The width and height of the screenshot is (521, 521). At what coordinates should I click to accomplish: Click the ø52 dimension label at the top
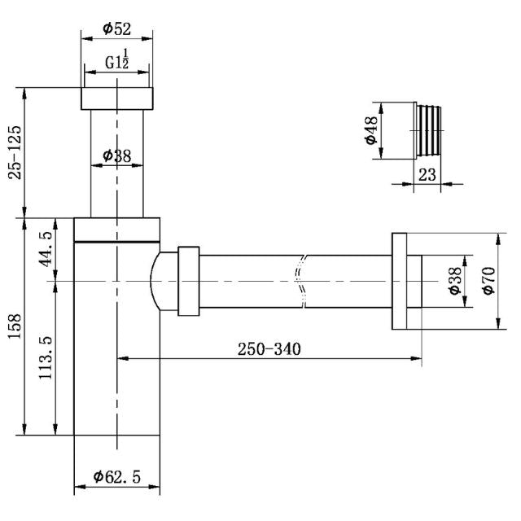click(x=118, y=28)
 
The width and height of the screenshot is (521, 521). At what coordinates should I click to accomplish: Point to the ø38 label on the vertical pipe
click(x=118, y=155)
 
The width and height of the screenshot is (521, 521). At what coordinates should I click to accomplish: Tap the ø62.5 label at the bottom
click(x=117, y=477)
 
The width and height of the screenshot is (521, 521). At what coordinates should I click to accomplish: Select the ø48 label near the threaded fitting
click(x=370, y=130)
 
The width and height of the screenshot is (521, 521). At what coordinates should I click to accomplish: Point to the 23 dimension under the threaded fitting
click(x=427, y=174)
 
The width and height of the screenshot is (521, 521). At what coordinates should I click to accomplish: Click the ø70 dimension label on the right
click(x=488, y=281)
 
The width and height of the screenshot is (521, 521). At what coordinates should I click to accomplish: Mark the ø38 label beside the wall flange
click(x=455, y=281)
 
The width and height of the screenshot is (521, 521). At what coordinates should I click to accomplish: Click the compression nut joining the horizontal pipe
click(x=188, y=281)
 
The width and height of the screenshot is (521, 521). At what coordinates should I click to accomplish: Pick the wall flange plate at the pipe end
click(x=399, y=281)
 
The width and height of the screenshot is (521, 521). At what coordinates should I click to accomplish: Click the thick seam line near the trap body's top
click(x=117, y=241)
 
